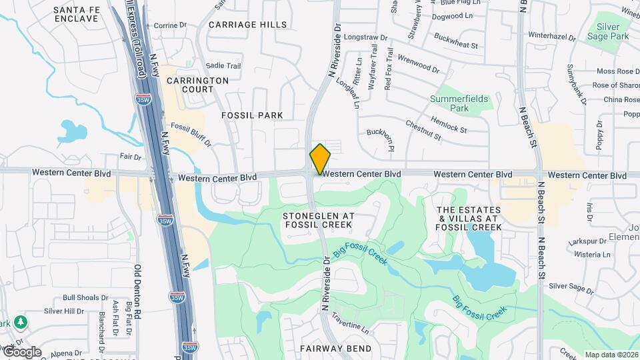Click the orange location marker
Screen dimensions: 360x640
320,159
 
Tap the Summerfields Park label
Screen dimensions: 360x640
468,103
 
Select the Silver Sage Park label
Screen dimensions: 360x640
608,31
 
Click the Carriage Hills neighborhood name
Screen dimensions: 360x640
247,25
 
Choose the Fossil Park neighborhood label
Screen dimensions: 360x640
252,115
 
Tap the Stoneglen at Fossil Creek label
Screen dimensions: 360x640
318,221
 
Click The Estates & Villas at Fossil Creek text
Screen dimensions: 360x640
468,218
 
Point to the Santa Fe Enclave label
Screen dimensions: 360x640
76,14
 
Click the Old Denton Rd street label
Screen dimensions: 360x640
138,291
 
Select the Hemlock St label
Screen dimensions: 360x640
449,123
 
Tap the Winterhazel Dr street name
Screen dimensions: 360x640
551,35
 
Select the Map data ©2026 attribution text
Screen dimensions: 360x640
611,355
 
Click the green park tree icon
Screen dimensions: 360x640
21,323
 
